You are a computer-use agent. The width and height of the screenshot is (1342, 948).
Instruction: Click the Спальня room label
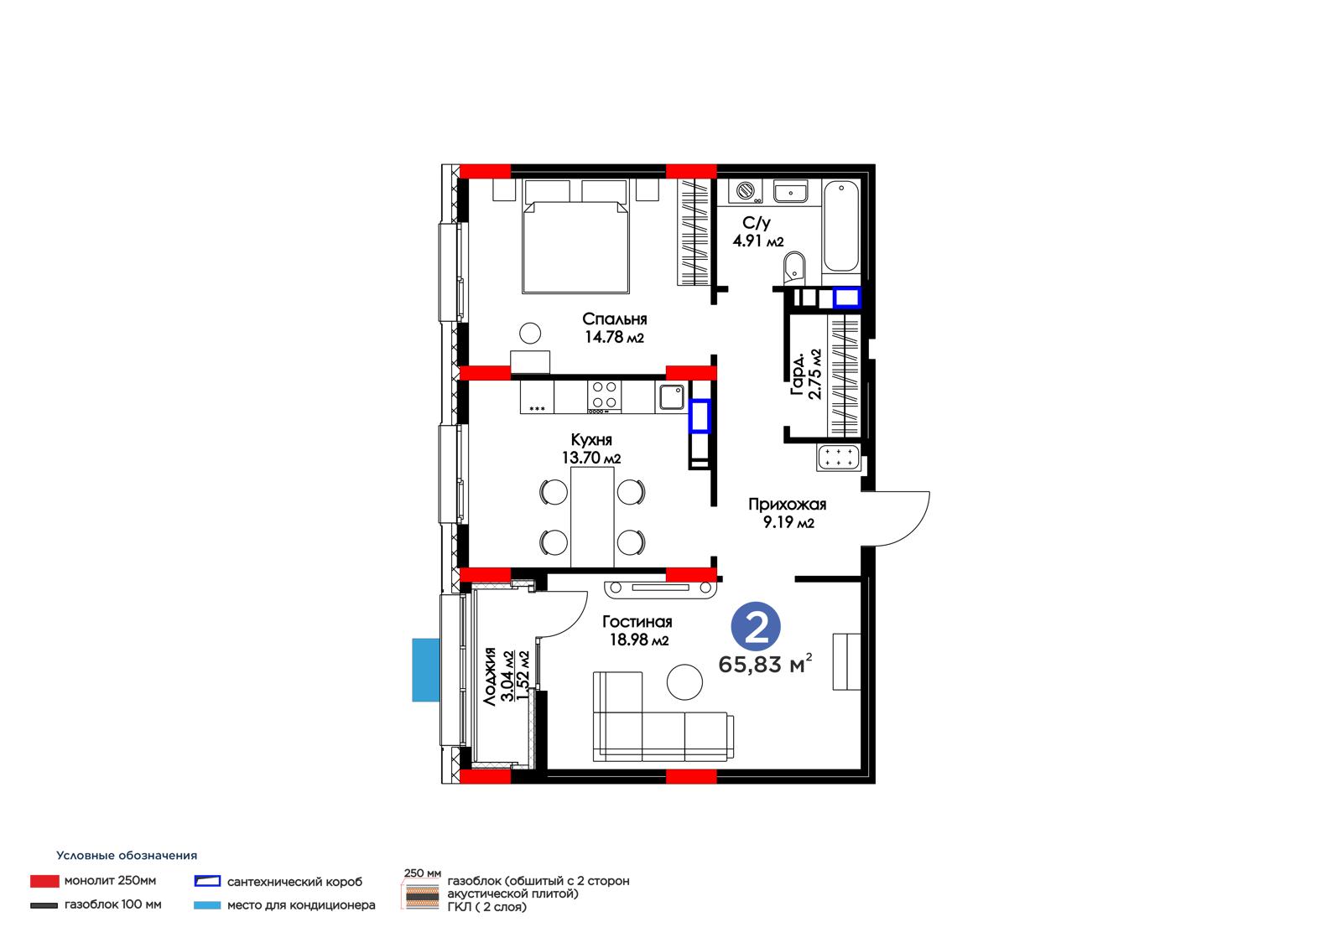click(x=614, y=319)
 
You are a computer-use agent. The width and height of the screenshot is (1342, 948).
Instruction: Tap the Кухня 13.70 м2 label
click(x=590, y=448)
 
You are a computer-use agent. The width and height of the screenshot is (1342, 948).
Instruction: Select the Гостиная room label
click(x=637, y=622)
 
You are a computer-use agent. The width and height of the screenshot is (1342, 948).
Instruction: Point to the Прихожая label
click(x=788, y=505)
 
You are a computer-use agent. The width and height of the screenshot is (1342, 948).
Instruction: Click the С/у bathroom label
click(x=756, y=223)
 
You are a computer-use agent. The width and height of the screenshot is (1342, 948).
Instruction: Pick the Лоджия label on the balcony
click(x=491, y=676)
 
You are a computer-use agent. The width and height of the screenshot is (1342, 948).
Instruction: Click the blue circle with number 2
click(x=756, y=626)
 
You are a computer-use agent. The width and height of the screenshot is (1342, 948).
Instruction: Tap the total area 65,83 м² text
click(x=765, y=664)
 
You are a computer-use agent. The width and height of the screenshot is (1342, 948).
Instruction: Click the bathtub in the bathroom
click(x=841, y=226)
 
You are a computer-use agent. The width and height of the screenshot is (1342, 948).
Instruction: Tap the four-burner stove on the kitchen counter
click(x=605, y=396)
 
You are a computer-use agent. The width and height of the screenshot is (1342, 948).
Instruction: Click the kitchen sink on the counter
click(x=672, y=396)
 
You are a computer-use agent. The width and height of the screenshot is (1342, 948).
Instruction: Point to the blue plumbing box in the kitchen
click(x=700, y=416)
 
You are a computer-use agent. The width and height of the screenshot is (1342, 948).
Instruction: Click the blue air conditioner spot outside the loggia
click(x=426, y=670)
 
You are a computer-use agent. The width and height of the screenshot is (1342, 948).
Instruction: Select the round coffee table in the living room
click(x=684, y=682)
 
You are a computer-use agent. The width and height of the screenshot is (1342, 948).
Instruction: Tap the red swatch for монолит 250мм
click(x=45, y=881)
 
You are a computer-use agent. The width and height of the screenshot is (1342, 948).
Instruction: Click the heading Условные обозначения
click(x=127, y=855)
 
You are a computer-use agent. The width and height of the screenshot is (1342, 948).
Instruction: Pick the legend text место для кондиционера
click(x=301, y=905)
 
